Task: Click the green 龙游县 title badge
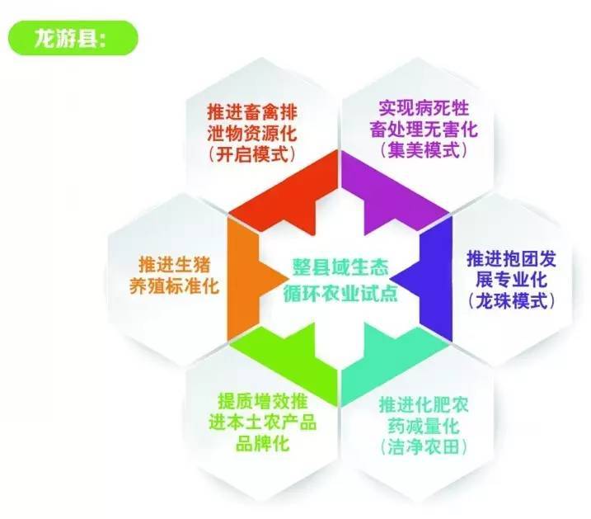click(x=73, y=38)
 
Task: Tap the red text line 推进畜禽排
click(x=252, y=112)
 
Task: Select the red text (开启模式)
click(x=252, y=154)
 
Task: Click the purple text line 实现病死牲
click(x=424, y=108)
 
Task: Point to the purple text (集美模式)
click(x=424, y=149)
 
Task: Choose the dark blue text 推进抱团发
click(x=512, y=259)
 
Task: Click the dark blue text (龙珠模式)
click(x=512, y=301)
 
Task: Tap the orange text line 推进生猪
click(x=174, y=264)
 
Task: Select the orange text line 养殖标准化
click(x=174, y=285)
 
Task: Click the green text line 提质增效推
click(x=263, y=401)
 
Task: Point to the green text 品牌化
click(x=263, y=443)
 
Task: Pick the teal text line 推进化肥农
click(x=424, y=405)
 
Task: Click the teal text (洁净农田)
click(x=424, y=447)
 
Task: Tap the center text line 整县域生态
click(x=340, y=268)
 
